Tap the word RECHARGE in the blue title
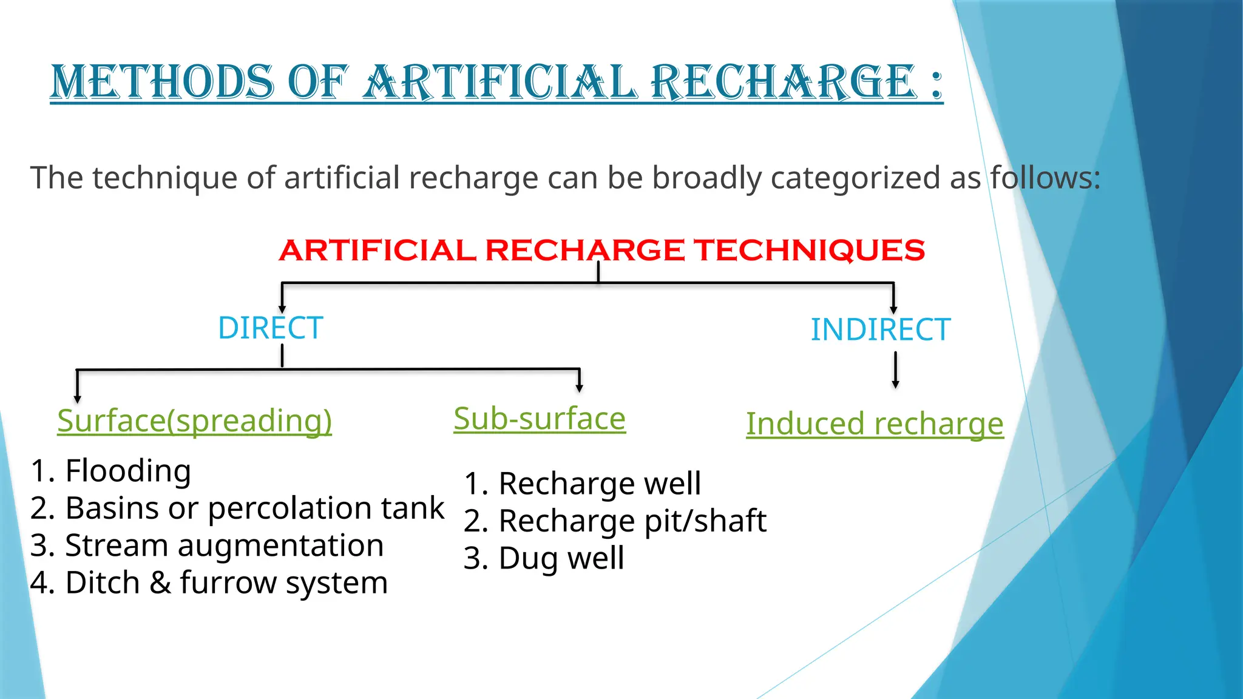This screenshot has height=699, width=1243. click(x=783, y=83)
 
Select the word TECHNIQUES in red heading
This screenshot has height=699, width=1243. click(x=810, y=250)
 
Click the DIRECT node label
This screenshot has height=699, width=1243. click(x=270, y=328)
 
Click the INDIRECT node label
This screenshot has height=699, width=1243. click(x=880, y=330)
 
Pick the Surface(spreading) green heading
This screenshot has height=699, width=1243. click(x=194, y=420)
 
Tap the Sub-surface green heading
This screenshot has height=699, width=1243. click(x=540, y=419)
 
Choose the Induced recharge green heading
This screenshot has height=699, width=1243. click(x=875, y=424)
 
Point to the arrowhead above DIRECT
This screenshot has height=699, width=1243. click(x=282, y=308)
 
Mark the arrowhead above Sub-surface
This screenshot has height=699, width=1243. click(x=580, y=387)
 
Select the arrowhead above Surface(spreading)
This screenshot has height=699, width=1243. click(x=77, y=398)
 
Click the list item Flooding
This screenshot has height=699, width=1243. click(x=128, y=471)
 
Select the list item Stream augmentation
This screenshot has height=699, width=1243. click(x=224, y=545)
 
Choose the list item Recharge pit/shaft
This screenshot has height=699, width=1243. click(x=632, y=521)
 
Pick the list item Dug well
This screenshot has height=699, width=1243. click(x=561, y=558)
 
